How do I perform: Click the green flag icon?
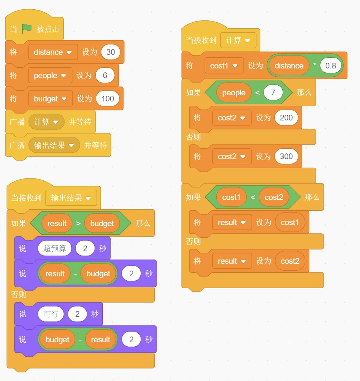coord(27,29)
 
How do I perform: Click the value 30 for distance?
coord(111,52)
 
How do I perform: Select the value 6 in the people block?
coord(105,75)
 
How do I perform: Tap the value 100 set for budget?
coord(107,99)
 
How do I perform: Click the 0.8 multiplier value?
coord(331,66)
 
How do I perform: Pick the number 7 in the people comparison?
coord(273,92)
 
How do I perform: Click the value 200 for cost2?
coord(286,118)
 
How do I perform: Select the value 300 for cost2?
coord(286,156)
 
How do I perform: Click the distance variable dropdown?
coord(53,52)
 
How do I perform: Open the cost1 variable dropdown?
coord(224,66)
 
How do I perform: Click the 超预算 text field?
coord(55,248)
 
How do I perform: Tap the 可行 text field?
coord(51,314)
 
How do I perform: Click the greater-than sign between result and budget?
coord(78,223)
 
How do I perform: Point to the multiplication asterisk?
coord(315,65)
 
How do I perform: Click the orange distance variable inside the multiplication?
coord(289,66)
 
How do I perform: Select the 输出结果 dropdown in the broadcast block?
coord(54,145)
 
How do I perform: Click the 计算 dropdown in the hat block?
coord(238,40)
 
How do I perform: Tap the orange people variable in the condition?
coord(234,92)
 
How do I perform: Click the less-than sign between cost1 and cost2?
coord(253,197)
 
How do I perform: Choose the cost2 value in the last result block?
coord(290,261)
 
